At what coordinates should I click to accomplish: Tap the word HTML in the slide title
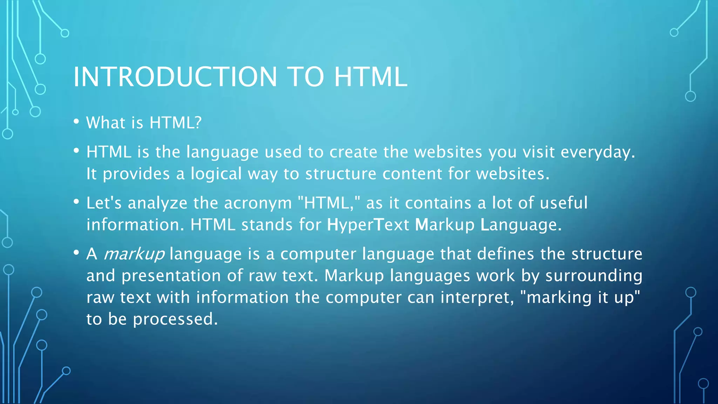tap(371, 77)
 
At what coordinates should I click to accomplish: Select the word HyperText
tap(368, 225)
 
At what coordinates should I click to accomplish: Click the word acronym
tap(258, 203)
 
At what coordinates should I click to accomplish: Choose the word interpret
tap(477, 298)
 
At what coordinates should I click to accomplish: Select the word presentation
tap(171, 276)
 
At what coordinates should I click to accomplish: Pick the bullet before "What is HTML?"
tap(76, 121)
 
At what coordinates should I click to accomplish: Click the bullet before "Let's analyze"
tap(76, 202)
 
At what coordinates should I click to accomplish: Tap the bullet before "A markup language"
tap(76, 252)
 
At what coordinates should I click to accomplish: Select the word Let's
tap(104, 203)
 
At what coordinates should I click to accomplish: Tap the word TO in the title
tap(305, 77)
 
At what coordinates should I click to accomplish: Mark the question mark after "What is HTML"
tap(198, 123)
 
